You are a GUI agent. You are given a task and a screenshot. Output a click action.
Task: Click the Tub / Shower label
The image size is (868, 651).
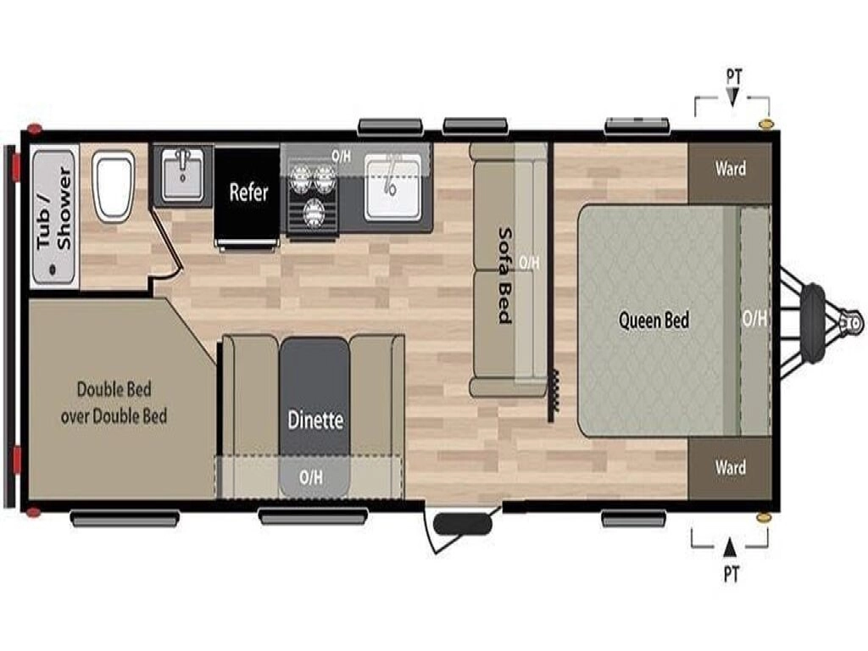click(54, 209)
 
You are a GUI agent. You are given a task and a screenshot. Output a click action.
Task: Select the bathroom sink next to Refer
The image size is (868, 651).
click(182, 175)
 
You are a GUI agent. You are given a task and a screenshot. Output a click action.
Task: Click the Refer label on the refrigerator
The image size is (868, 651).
click(248, 192)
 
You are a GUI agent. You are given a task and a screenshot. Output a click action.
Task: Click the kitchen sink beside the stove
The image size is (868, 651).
click(392, 187)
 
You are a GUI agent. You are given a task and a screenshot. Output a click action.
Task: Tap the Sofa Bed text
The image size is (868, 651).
click(504, 275)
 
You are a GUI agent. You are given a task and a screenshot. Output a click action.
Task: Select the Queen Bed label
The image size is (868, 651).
click(654, 320)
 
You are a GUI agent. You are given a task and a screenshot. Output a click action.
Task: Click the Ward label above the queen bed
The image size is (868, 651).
click(730, 169)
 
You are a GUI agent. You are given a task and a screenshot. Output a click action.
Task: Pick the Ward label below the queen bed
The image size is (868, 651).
click(730, 468)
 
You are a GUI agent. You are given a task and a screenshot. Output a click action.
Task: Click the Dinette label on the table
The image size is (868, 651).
click(315, 420)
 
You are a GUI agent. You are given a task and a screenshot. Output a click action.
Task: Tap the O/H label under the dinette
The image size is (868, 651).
click(311, 477)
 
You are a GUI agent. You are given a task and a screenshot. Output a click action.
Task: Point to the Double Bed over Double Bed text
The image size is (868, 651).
click(114, 403)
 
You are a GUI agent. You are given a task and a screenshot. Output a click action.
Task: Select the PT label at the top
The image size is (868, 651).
click(733, 75)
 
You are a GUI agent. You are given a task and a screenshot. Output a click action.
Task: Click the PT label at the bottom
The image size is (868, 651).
click(731, 574)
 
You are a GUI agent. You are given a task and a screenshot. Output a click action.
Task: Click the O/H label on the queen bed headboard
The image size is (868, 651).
click(754, 319)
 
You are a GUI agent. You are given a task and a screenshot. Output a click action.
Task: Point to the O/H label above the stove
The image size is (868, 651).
click(341, 157)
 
